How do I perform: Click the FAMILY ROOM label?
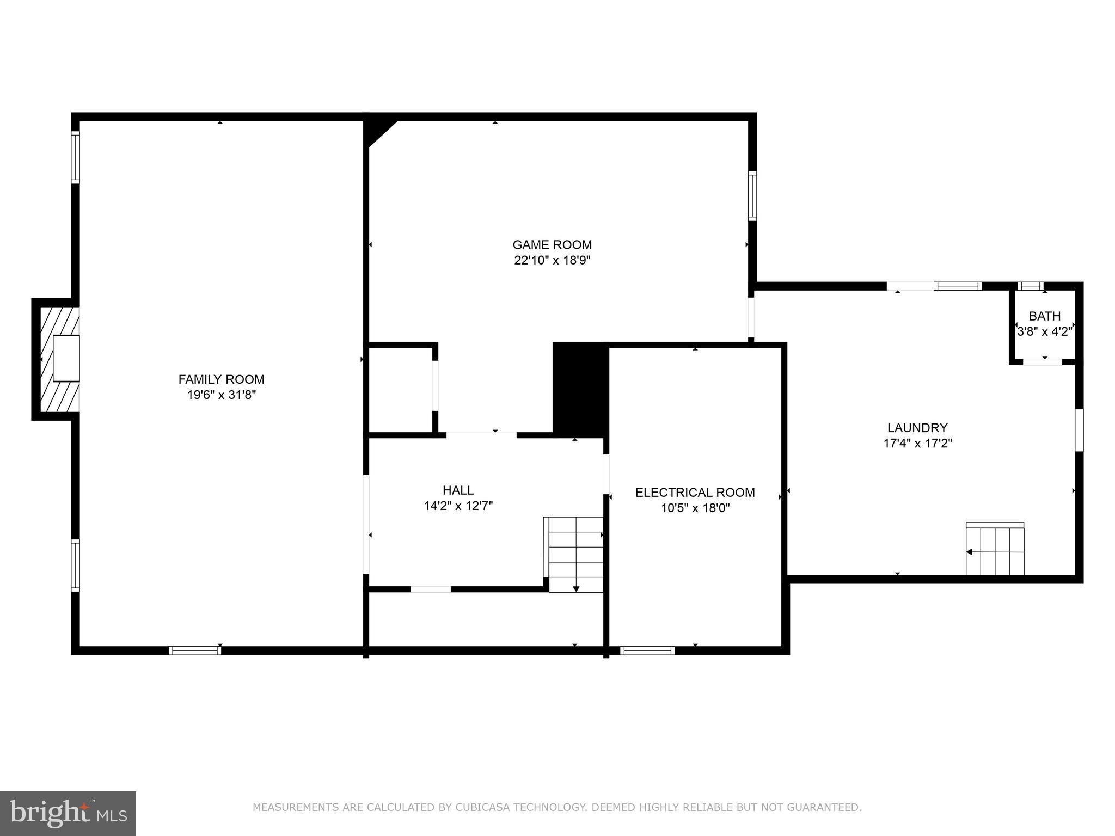pyautogui.click(x=221, y=379)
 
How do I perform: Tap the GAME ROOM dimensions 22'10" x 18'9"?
pyautogui.click(x=552, y=261)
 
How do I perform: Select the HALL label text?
pyautogui.click(x=458, y=490)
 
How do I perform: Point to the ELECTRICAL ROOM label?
pyautogui.click(x=695, y=493)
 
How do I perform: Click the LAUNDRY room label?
pyautogui.click(x=917, y=428)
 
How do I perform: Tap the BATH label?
pyautogui.click(x=1044, y=316)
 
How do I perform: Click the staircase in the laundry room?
pyautogui.click(x=995, y=550)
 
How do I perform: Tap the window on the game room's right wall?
pyautogui.click(x=752, y=196)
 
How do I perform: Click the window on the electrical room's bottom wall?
pyautogui.click(x=647, y=650)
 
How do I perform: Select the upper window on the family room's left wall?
pyautogui.click(x=75, y=158)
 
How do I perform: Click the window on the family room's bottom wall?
pyautogui.click(x=194, y=650)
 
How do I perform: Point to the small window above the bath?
pyautogui.click(x=1030, y=286)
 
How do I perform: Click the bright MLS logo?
pyautogui.click(x=68, y=813)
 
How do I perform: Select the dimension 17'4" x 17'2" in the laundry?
pyautogui.click(x=917, y=444)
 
